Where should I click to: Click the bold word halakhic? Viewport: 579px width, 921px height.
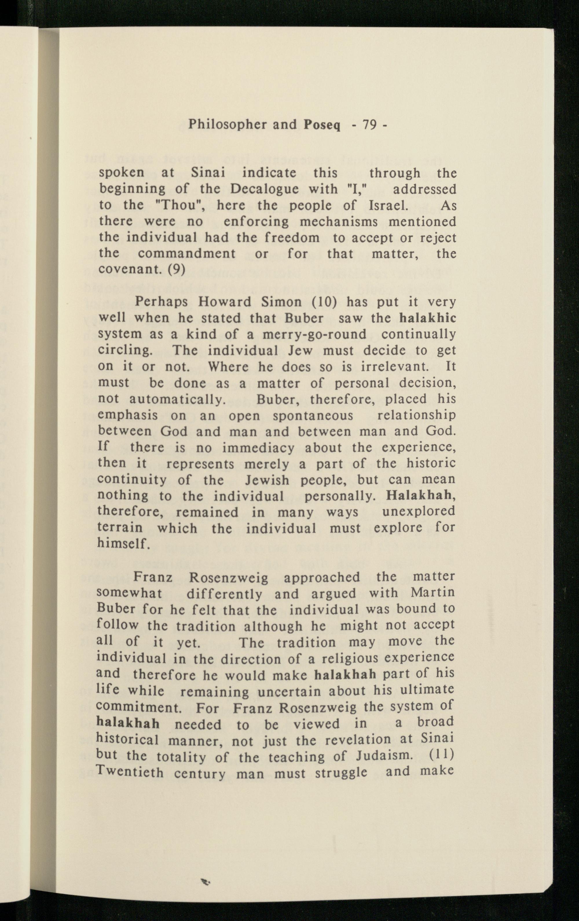point(427,318)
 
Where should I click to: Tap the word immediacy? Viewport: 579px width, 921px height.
point(258,448)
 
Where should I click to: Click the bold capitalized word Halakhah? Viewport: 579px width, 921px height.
point(420,496)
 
